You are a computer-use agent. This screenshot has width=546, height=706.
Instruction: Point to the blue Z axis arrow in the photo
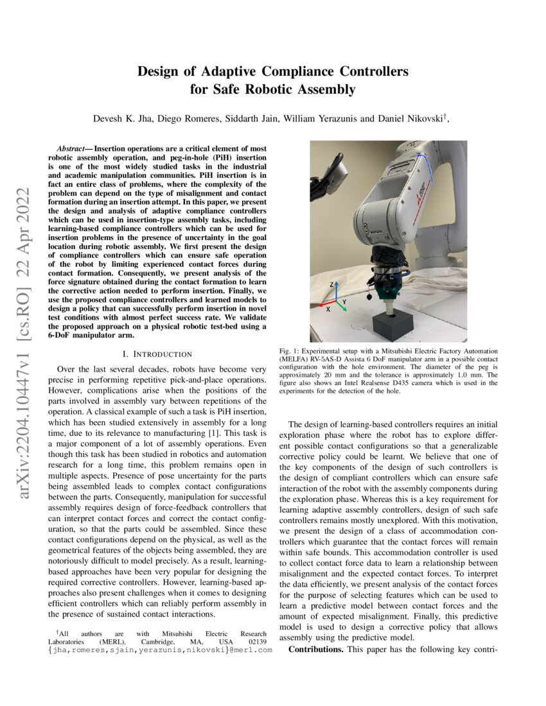[332, 292]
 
